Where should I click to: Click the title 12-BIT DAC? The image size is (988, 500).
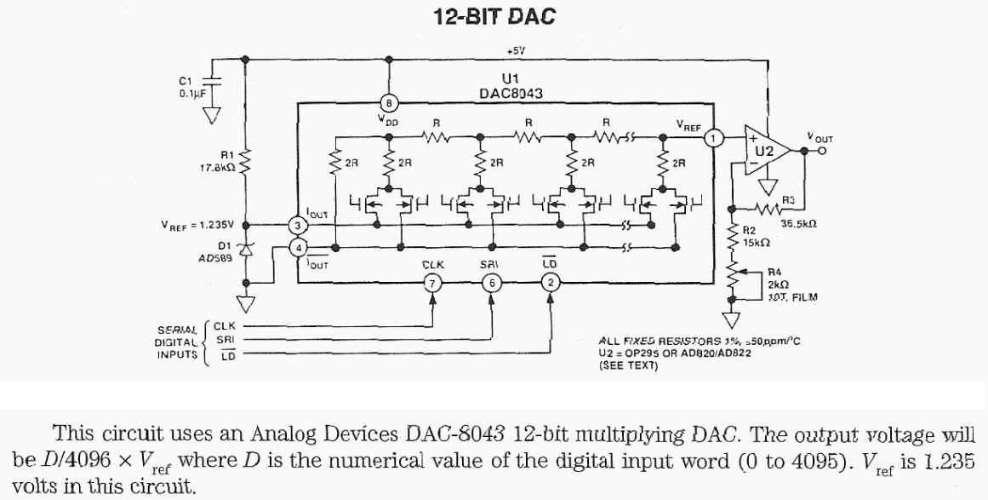point(494,16)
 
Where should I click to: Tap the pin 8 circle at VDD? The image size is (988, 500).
point(389,103)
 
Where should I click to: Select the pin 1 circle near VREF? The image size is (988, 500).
point(716,137)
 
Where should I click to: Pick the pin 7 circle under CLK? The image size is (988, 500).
point(433,283)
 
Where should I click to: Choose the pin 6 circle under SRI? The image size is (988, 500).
point(491,283)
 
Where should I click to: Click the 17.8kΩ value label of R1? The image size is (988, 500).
point(213,168)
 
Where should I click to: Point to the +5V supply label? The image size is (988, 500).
point(516,51)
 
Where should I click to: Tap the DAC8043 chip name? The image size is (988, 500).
point(511,93)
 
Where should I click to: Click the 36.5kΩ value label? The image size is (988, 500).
point(797,224)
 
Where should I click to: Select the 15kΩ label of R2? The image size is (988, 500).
point(756,242)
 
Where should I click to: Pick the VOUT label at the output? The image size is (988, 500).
point(820,138)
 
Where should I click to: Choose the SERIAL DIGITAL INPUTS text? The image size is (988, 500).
point(178,342)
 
